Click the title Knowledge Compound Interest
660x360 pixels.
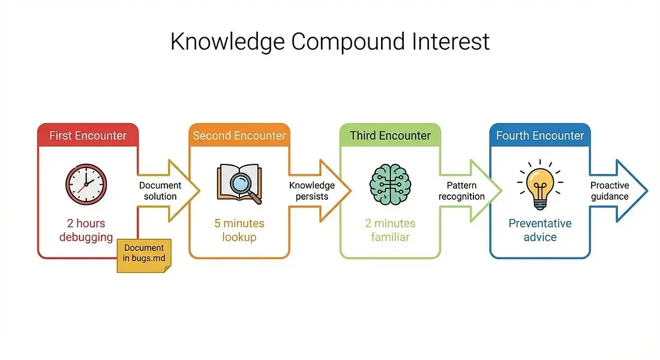tap(330, 41)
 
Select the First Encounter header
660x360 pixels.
tap(88, 136)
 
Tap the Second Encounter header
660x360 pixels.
tap(239, 136)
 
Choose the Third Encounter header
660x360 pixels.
tap(390, 136)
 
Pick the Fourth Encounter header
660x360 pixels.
tap(540, 136)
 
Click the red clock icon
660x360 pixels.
tap(86, 184)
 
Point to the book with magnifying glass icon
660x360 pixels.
tap(239, 184)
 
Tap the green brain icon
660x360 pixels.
tap(390, 184)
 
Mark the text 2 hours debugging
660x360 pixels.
tap(86, 230)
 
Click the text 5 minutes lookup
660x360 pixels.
tap(239, 230)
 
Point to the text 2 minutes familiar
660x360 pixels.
tap(390, 230)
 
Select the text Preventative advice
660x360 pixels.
tap(540, 230)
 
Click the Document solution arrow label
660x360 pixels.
tap(160, 191)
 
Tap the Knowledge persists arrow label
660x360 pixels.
tap(312, 191)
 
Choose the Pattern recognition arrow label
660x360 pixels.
tap(462, 191)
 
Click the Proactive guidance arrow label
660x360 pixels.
tap(610, 191)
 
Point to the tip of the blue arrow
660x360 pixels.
tap(647, 191)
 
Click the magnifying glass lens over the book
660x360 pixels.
tap(241, 183)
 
